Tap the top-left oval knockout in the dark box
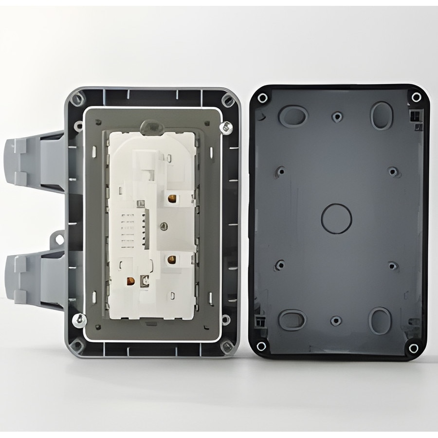point(292,116)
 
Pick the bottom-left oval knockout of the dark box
point(292,320)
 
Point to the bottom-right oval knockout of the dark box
point(381,321)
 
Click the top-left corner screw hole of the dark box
point(262,98)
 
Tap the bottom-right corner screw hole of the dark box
point(414,347)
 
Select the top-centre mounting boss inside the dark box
point(337,117)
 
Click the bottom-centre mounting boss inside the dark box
point(336,321)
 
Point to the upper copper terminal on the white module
point(172,199)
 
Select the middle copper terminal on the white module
point(172,260)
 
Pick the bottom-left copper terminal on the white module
point(130,280)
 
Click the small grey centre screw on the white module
point(164,226)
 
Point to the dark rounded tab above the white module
point(152,127)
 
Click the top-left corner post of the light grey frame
point(76,99)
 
